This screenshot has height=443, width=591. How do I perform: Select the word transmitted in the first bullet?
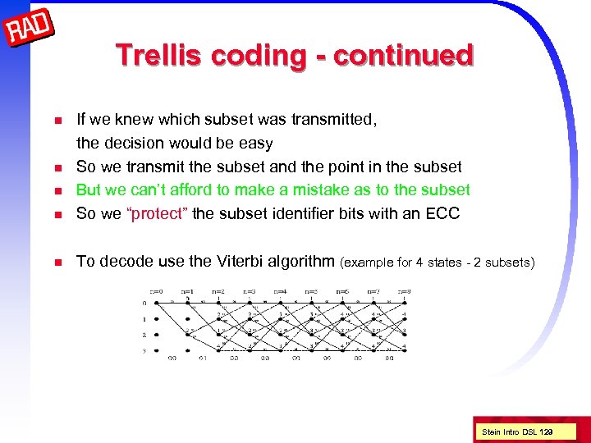click(330, 120)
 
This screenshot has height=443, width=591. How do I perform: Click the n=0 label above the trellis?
click(156, 290)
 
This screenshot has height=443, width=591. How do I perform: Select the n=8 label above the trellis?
click(404, 290)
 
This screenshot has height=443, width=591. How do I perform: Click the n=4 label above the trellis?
click(280, 290)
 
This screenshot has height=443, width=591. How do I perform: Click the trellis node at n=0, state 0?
click(157, 304)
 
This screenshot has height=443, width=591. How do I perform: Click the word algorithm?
click(305, 262)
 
